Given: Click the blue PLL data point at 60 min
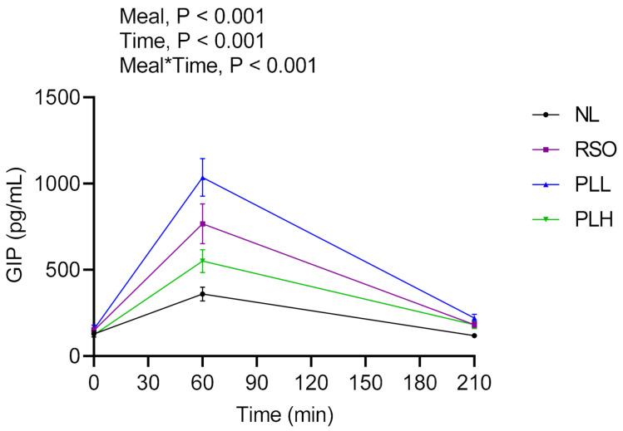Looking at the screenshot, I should [202, 178].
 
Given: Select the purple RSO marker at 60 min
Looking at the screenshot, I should [202, 223].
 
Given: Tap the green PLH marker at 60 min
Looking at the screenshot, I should [202, 261].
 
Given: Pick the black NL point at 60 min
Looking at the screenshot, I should [202, 294].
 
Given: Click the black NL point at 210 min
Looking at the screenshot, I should [474, 335].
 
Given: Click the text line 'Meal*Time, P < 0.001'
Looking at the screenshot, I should [218, 65].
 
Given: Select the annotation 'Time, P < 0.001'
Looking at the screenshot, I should [192, 41].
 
